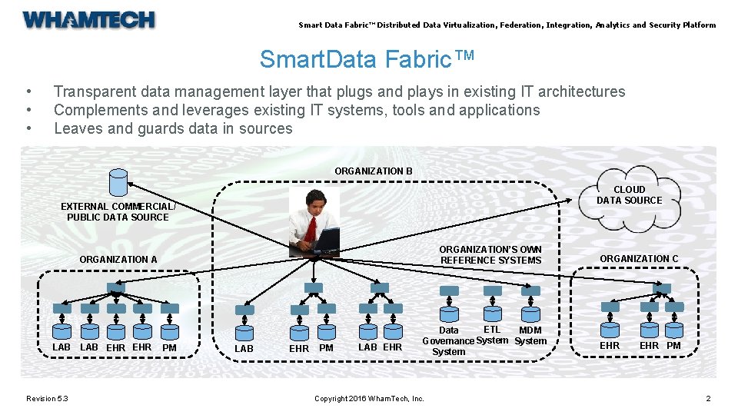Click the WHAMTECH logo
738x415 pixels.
click(x=89, y=20)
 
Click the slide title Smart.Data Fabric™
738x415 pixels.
click(x=367, y=59)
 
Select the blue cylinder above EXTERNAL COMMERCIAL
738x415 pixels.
click(x=118, y=182)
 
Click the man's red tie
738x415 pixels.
click(x=310, y=227)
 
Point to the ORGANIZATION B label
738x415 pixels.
click(x=374, y=171)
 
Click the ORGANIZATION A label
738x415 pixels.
click(x=118, y=260)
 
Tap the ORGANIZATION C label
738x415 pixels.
click(x=639, y=259)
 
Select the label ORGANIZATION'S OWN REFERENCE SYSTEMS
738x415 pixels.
click(x=490, y=255)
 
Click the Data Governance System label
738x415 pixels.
click(x=448, y=340)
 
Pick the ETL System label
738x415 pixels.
click(x=492, y=335)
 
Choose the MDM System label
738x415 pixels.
click(x=530, y=336)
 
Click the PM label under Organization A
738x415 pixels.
click(x=170, y=348)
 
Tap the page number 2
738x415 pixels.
click(x=708, y=398)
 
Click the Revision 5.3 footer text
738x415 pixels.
click(x=47, y=398)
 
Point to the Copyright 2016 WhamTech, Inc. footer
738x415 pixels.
click(x=369, y=398)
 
